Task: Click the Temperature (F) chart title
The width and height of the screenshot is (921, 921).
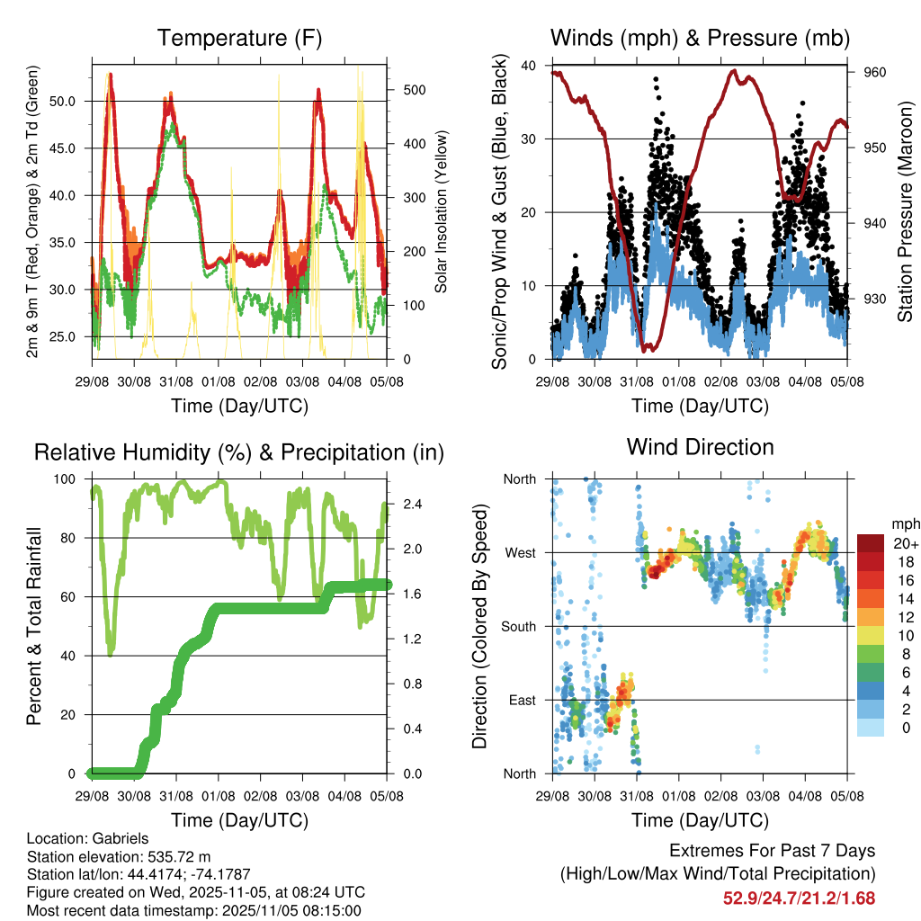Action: click(x=239, y=39)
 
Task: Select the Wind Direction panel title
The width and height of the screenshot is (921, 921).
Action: click(x=700, y=447)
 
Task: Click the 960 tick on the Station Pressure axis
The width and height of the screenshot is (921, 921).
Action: click(x=874, y=73)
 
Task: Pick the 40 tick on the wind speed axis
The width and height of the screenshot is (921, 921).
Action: click(x=529, y=66)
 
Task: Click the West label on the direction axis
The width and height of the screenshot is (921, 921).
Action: click(x=520, y=553)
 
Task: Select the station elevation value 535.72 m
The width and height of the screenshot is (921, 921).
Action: click(x=181, y=856)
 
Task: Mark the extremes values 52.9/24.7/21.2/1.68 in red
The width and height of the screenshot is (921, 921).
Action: click(x=799, y=898)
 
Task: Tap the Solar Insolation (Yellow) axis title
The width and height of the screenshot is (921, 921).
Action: click(x=442, y=211)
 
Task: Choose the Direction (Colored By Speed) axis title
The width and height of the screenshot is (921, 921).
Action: click(x=479, y=627)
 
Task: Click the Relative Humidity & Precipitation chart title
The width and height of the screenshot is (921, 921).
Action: click(x=239, y=452)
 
